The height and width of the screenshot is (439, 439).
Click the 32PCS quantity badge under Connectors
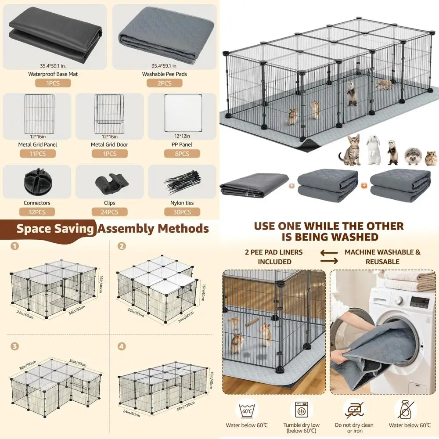(37, 212)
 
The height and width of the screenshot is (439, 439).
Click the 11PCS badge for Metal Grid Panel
(37, 154)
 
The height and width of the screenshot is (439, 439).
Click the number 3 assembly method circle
(15, 346)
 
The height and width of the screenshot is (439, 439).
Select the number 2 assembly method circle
(122, 246)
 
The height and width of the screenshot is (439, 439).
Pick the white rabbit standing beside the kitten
(373, 150)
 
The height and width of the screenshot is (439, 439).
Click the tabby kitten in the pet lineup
(350, 150)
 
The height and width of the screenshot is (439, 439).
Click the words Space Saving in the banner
(55, 229)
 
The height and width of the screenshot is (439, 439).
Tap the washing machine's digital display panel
(419, 302)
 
